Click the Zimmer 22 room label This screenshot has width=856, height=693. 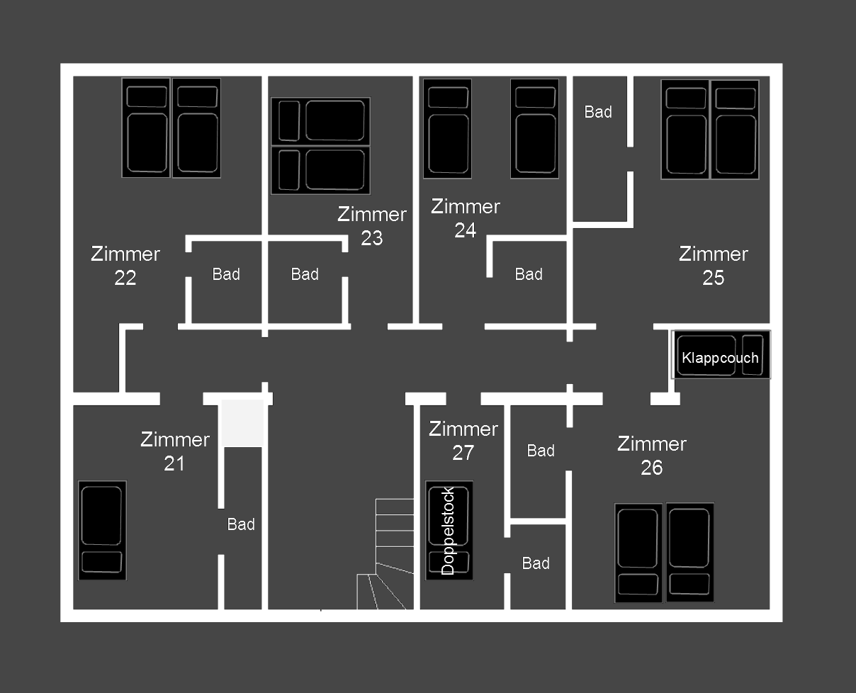(125, 266)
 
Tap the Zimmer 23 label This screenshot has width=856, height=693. (372, 226)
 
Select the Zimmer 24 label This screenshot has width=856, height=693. (466, 218)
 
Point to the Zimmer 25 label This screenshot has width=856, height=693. (714, 266)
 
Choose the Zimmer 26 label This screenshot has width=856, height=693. (651, 456)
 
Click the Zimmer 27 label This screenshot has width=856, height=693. (463, 441)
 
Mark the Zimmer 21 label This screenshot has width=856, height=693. (175, 451)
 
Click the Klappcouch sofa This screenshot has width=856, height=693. (721, 354)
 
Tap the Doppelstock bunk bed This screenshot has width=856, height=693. (449, 530)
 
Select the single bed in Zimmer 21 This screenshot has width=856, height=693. (102, 530)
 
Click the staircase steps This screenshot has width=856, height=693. (385, 554)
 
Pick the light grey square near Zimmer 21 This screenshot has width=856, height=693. (242, 423)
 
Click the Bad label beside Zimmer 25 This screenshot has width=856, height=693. (598, 112)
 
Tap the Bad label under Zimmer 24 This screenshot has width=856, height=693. (529, 274)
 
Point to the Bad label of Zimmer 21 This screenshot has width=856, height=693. (241, 524)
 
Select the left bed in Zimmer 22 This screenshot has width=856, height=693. (146, 128)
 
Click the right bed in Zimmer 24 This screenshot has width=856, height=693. (534, 128)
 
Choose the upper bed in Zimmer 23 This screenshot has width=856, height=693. (321, 121)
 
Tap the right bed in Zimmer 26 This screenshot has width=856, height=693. (690, 553)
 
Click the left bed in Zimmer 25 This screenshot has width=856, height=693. (685, 130)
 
